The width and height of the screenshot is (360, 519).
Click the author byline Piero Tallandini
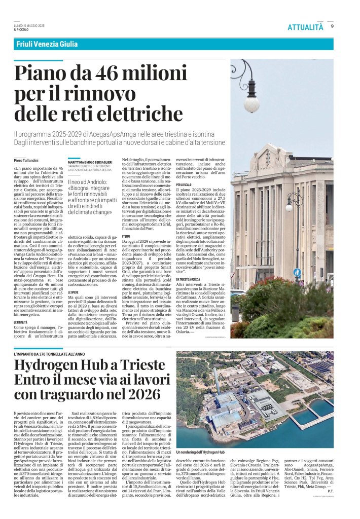tap(28, 160)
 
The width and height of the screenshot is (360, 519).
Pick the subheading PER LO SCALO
tap(184, 185)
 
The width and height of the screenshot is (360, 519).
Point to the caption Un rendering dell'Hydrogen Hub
tap(200, 452)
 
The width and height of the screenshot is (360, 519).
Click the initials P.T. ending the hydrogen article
tap(330, 505)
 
